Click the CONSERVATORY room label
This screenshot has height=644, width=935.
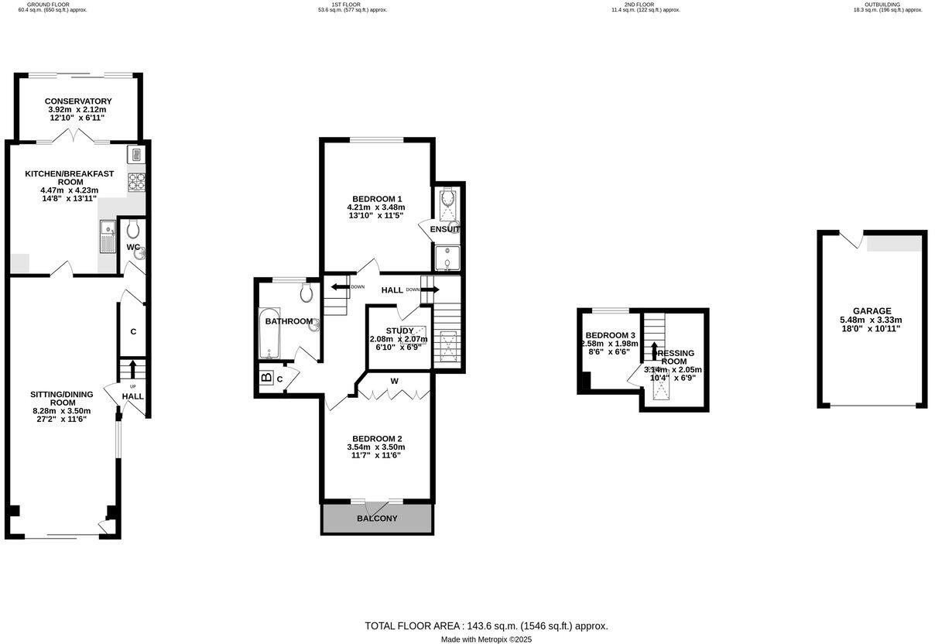(x=78, y=101)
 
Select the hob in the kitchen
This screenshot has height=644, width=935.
(x=136, y=182)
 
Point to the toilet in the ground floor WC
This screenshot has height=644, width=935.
(x=133, y=230)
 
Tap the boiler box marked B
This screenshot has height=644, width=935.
(x=266, y=379)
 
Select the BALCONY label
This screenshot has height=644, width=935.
(x=377, y=519)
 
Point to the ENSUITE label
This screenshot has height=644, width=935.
(x=445, y=229)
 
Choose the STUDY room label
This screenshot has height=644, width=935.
(x=399, y=331)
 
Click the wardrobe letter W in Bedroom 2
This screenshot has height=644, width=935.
(x=394, y=381)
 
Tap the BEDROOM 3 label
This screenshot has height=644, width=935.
(x=610, y=335)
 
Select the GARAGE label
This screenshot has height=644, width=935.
(x=871, y=310)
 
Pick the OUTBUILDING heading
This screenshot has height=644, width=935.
(x=882, y=5)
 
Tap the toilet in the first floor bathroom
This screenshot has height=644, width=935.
(x=307, y=293)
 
